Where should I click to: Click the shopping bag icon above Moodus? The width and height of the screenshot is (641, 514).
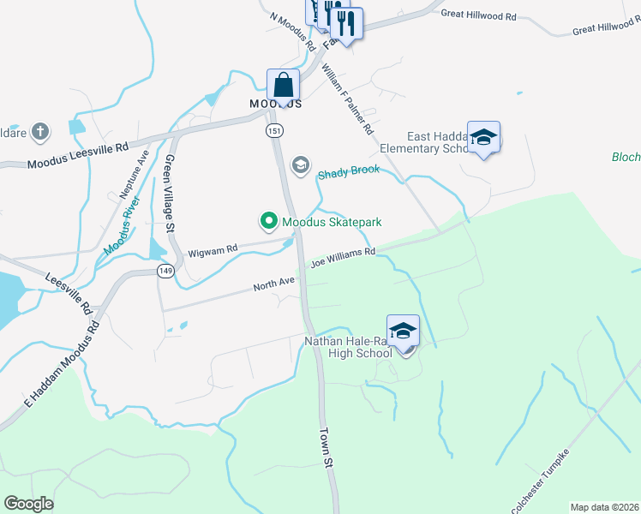pos(283,86)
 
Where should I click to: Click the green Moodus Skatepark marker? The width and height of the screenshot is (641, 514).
pos(268,222)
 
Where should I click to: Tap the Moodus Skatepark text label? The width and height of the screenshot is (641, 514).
pos(332,223)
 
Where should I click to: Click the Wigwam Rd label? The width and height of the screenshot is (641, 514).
pos(213,250)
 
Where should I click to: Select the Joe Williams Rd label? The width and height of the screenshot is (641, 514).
pos(343,255)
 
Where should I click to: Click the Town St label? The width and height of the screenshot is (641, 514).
pos(326,447)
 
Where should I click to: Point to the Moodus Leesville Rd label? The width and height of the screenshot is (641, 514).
pos(77,154)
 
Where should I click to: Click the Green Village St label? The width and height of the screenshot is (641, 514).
pos(170,194)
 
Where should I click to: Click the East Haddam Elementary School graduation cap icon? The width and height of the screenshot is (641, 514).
pos(483,137)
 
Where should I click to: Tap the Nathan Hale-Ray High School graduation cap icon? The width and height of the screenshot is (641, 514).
pos(403,330)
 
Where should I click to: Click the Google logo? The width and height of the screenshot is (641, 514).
pos(28,504)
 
